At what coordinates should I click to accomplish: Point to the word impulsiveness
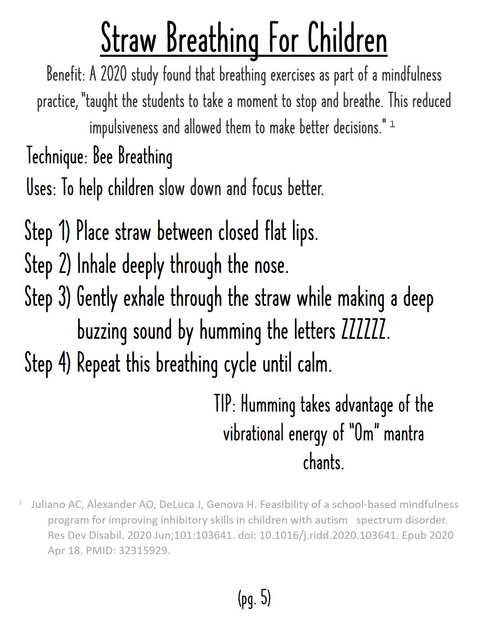click(x=123, y=128)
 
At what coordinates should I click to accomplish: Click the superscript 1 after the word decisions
click(x=392, y=124)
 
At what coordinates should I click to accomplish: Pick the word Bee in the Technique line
click(x=102, y=156)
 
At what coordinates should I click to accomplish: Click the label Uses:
click(x=41, y=189)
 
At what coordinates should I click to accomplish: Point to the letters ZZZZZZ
click(x=364, y=331)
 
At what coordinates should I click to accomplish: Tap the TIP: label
click(x=225, y=404)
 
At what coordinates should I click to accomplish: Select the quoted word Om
click(x=363, y=433)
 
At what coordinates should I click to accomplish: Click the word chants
click(x=323, y=462)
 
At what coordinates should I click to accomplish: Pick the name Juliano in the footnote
click(x=47, y=504)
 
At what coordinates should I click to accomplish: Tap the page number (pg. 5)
click(x=254, y=598)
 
